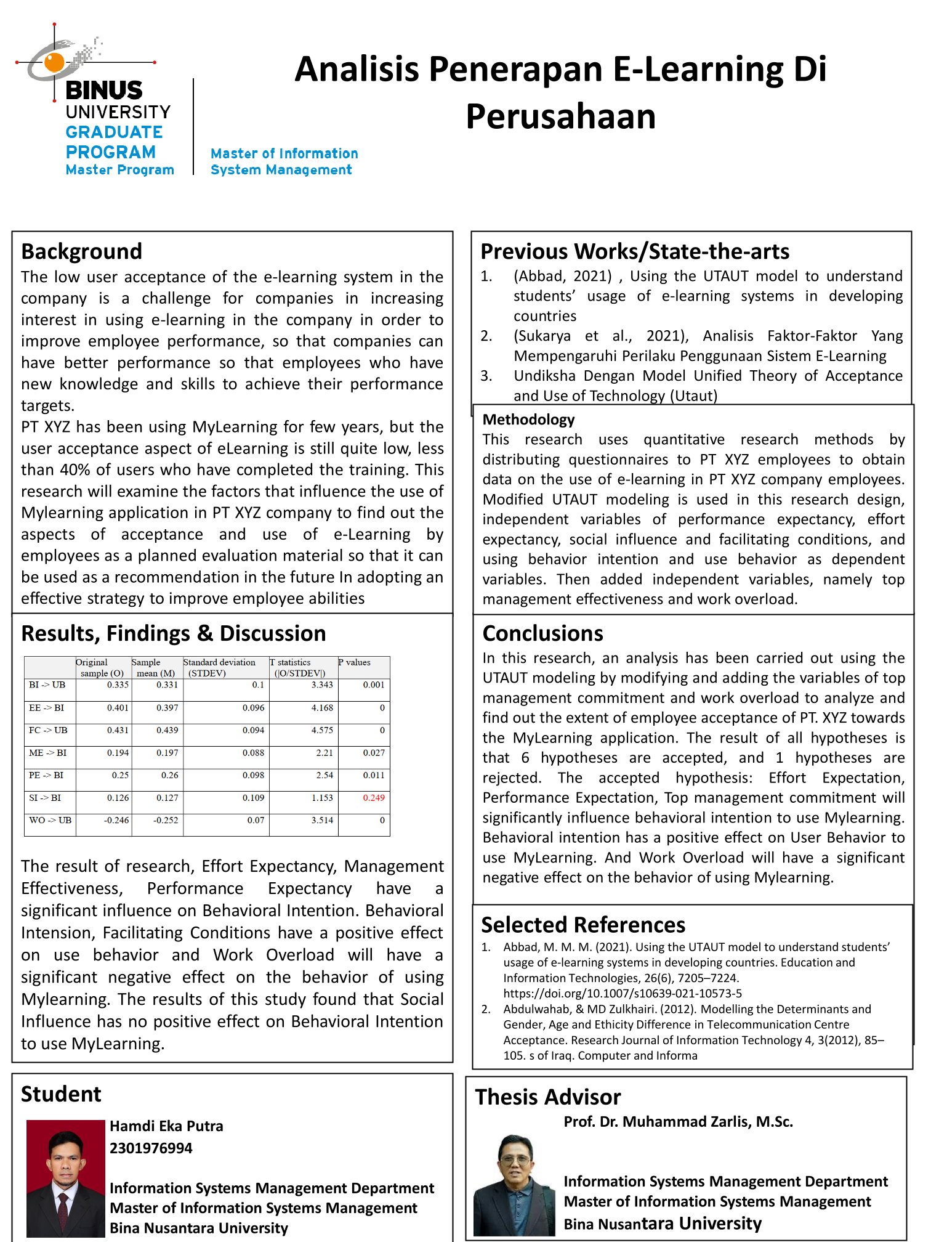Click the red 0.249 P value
pos(373,798)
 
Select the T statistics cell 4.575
pos(322,730)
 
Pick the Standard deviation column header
pos(219,667)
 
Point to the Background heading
pos(81,251)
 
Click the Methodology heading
pos(528,420)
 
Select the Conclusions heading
pos(542,633)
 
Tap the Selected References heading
pos(582,925)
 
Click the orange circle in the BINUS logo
pos(54,62)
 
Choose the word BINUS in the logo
pos(103,91)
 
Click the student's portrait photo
pos(65,1178)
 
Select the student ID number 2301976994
pos(151,1148)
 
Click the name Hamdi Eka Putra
pos(166,1126)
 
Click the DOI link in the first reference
pos(623,993)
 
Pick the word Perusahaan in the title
pos(560,116)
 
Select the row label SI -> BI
pos(45,798)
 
